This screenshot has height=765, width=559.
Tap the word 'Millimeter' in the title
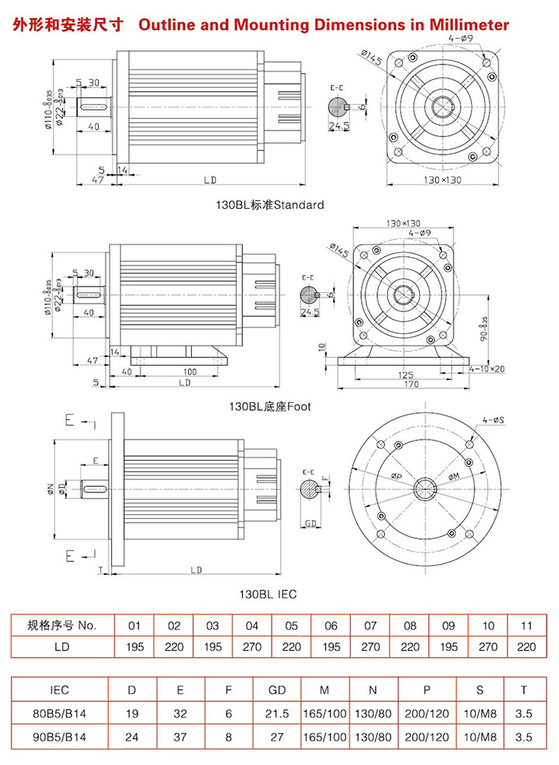pos(464,25)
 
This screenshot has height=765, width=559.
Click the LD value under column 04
pos(252,646)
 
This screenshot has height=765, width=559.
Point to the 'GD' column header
pos(277,689)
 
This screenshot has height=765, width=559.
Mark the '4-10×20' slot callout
pos(488,369)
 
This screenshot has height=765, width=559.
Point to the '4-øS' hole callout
pos(494,420)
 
